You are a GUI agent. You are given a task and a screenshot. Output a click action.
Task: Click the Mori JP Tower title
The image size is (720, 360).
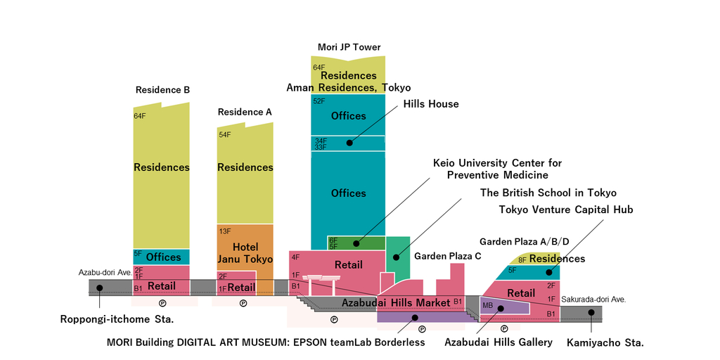pyautogui.click(x=349, y=47)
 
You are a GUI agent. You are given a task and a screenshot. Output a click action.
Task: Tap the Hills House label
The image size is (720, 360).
pyautogui.click(x=430, y=104)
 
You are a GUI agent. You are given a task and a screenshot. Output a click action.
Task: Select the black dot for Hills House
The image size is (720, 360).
pyautogui.click(x=349, y=143)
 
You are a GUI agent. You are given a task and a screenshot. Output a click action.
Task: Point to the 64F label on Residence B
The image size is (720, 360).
pyautogui.click(x=139, y=115)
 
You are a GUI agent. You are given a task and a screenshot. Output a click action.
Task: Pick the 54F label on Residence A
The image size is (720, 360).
pyautogui.click(x=225, y=134)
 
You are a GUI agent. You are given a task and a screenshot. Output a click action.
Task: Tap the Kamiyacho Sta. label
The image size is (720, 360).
pyautogui.click(x=605, y=342)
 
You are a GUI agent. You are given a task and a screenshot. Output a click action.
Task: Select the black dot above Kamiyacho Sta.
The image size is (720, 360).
pyautogui.click(x=591, y=312)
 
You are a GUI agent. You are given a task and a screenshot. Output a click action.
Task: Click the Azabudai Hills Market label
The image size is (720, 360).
pyautogui.click(x=396, y=302)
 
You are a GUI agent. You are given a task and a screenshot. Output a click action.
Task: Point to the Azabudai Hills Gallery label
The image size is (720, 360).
pyautogui.click(x=499, y=342)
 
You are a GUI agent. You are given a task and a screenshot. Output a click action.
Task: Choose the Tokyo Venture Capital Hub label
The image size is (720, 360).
pyautogui.click(x=566, y=210)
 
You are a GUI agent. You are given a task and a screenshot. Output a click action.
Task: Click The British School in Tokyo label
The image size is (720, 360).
pyautogui.click(x=548, y=193)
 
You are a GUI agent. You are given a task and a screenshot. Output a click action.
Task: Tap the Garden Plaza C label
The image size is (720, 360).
pyautogui.click(x=448, y=256)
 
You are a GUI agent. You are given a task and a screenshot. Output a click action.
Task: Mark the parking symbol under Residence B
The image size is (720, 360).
pyautogui.click(x=162, y=304)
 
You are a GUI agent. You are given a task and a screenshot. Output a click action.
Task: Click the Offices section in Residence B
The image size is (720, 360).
pyautogui.click(x=163, y=257)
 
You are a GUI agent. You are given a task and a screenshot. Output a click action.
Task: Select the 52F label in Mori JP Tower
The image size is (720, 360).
pyautogui.click(x=319, y=101)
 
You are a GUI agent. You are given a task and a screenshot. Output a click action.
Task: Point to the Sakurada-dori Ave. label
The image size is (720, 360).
pyautogui.click(x=593, y=299)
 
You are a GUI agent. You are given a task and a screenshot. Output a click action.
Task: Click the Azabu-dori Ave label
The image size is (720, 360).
pyautogui.click(x=105, y=272)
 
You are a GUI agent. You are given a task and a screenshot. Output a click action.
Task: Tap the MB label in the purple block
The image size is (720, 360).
pyautogui.click(x=487, y=305)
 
